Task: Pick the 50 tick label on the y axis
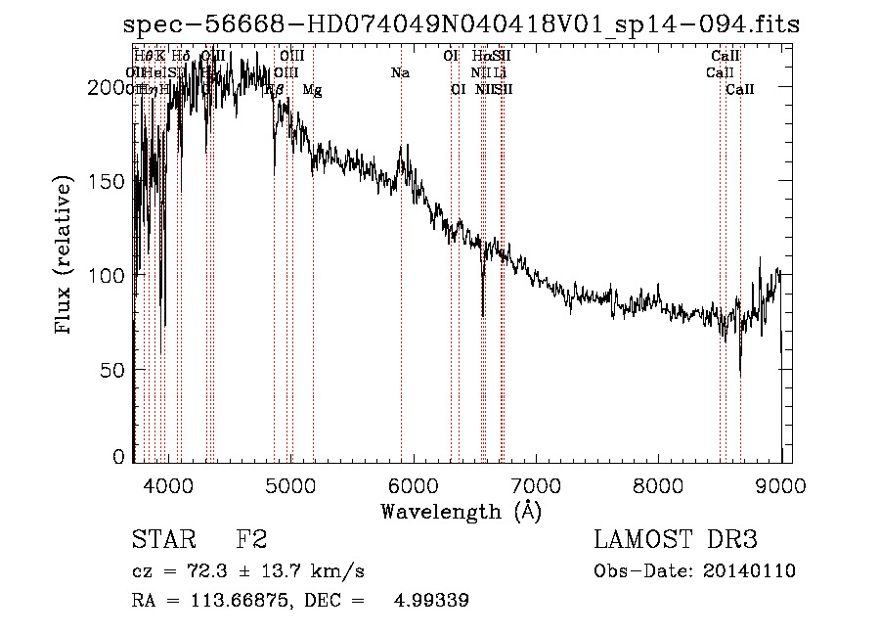(x=114, y=370)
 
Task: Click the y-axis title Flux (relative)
(x=66, y=256)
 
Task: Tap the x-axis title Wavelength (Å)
(x=461, y=511)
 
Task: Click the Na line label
(x=399, y=72)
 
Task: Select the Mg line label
(x=312, y=89)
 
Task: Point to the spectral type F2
(x=251, y=540)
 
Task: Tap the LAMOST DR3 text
(x=676, y=540)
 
